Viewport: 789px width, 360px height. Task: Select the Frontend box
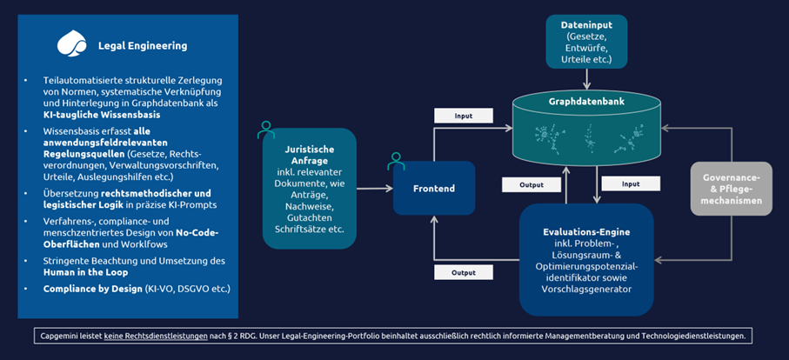coord(432,188)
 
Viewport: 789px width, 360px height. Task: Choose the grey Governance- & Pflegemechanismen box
coord(732,189)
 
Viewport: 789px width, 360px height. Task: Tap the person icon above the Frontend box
coord(398,160)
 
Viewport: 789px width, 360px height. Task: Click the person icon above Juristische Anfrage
coord(266,130)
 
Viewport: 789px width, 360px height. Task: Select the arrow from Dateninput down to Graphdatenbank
coord(589,79)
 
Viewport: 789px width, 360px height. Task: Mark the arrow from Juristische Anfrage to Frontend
coord(372,188)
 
